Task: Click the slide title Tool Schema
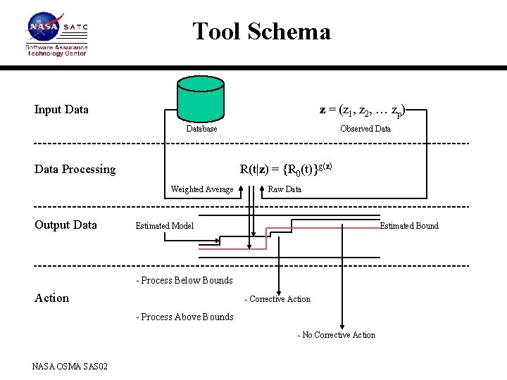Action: click(261, 32)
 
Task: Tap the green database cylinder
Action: click(201, 99)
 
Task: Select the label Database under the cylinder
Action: click(201, 129)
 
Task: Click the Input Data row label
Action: click(61, 109)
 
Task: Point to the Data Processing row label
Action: click(75, 169)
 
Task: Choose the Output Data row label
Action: click(65, 224)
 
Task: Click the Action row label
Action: click(52, 298)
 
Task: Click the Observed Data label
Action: click(365, 129)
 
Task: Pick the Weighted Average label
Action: click(202, 189)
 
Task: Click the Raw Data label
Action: click(284, 189)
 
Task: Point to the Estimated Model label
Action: click(164, 226)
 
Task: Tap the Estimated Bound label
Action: click(408, 226)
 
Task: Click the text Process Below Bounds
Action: click(184, 280)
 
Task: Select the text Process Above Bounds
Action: click(184, 317)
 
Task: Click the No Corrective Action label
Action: click(337, 335)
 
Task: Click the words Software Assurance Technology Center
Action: click(56, 51)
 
